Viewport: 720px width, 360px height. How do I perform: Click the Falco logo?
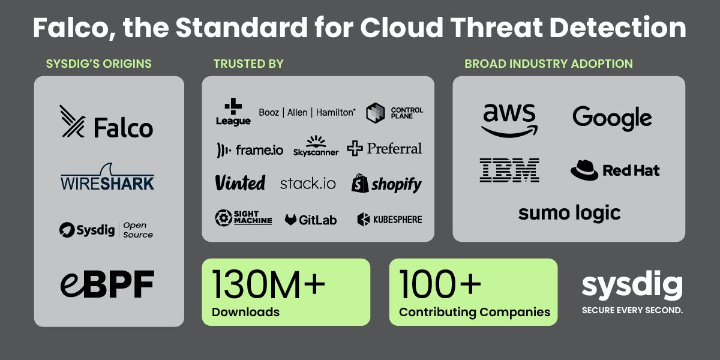[106, 122]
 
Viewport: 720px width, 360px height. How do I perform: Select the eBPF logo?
[107, 284]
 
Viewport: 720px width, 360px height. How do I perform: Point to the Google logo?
[612, 118]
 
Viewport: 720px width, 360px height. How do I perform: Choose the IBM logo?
[509, 170]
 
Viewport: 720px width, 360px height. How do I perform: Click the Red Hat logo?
[614, 170]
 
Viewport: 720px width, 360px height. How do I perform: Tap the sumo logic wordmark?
[569, 212]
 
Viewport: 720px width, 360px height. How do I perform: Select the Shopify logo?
[386, 184]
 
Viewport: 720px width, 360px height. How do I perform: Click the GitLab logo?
[311, 220]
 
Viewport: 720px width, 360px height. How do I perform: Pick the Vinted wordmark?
[240, 183]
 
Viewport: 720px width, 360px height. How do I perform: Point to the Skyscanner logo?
[316, 146]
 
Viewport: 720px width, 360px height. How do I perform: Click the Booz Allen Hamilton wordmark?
[307, 112]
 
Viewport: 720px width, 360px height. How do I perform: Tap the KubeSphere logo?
[389, 220]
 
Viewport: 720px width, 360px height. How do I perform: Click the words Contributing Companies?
[475, 312]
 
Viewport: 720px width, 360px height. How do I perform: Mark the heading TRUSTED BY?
[248, 64]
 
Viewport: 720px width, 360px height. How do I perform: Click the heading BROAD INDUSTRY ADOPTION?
[548, 64]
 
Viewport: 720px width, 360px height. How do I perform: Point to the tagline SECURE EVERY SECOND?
[632, 311]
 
